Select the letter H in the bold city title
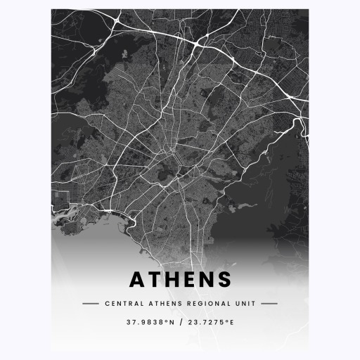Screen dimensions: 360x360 click(175, 279)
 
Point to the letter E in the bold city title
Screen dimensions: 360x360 click(192, 279)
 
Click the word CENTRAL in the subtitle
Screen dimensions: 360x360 click(120, 304)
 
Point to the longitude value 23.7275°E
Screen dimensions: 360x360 click(210, 323)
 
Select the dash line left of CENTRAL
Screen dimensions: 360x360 click(90, 304)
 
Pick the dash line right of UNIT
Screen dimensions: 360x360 click(269, 304)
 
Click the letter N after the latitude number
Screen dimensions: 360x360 click(169, 323)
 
